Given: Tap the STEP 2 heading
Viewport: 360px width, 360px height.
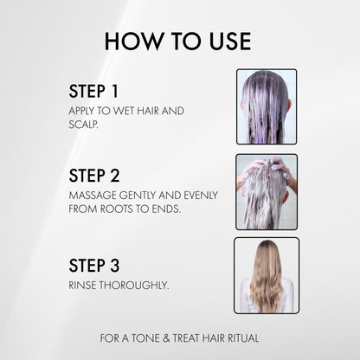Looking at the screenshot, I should pos(94,176).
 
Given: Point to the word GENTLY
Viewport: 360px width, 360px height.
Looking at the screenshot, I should pos(139,196).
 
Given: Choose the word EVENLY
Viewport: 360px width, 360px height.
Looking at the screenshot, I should pos(202,196).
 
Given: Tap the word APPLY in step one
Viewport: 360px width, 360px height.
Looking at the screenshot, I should pos(82,112).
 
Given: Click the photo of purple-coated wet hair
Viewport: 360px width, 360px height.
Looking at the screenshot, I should pos(267,106).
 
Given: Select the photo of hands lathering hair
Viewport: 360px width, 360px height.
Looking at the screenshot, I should pos(267,191).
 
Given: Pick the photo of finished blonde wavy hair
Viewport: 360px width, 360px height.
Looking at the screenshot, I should pos(267,275).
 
